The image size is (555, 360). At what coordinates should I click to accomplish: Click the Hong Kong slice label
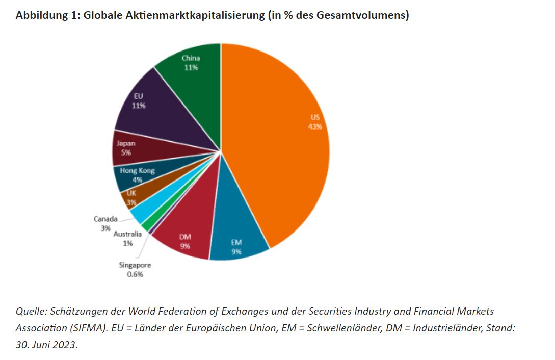[x=138, y=171]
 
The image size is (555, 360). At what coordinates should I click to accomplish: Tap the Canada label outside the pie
[x=105, y=219]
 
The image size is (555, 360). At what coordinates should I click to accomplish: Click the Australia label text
[x=127, y=235]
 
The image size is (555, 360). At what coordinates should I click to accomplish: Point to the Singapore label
[x=135, y=265]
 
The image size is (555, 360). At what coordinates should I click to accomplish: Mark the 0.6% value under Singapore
[x=135, y=274]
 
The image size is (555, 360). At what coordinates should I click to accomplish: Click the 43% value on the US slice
[x=315, y=127]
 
